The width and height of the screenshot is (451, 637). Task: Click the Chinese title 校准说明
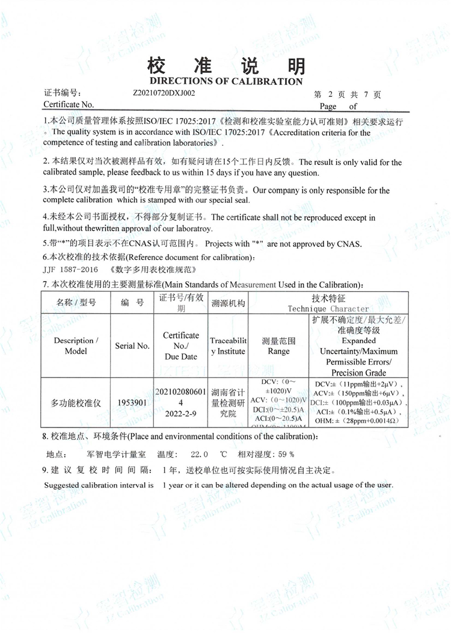(x=226, y=66)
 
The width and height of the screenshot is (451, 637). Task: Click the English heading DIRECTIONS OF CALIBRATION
(x=226, y=81)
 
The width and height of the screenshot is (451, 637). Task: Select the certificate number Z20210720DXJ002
(x=164, y=94)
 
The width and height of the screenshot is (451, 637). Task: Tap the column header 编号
(x=132, y=303)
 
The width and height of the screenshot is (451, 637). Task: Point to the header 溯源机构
(x=227, y=303)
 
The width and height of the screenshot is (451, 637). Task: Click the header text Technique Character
(x=328, y=308)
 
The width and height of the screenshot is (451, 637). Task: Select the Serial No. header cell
(x=132, y=346)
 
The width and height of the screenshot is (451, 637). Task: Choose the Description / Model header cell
(x=76, y=346)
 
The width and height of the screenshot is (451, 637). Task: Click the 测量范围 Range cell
(x=278, y=346)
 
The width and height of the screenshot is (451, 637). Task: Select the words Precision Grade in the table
(x=359, y=372)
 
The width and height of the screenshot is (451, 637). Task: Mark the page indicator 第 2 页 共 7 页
(x=348, y=95)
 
